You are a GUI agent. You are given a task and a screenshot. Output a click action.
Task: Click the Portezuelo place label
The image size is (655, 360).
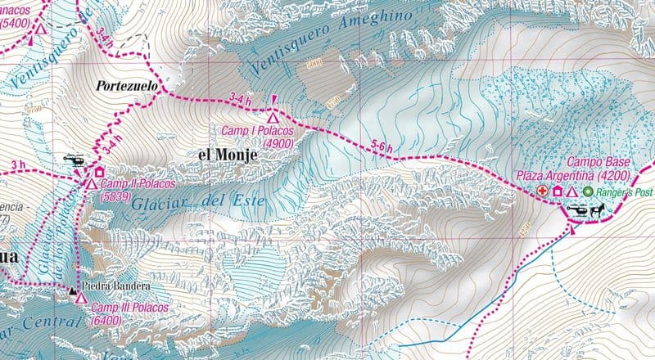pos(126,85)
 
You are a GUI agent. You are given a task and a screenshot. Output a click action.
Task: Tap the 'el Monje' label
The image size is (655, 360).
pos(227,154)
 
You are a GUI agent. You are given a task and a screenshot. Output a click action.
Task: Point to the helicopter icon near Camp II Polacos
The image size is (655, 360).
pos(75,160)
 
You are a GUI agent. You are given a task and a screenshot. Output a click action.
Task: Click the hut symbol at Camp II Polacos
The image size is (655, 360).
pos(99,173)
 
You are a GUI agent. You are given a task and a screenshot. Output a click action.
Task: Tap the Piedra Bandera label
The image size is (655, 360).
pos(115,286)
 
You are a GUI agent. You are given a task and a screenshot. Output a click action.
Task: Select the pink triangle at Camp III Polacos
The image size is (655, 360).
pos(80,298)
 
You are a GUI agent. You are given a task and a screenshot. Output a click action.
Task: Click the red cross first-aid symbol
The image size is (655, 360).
pos(542,191)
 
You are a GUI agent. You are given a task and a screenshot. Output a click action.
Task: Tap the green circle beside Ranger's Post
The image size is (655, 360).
pos(587,191)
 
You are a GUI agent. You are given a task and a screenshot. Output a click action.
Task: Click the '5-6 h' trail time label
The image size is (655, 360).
pos(382,146)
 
